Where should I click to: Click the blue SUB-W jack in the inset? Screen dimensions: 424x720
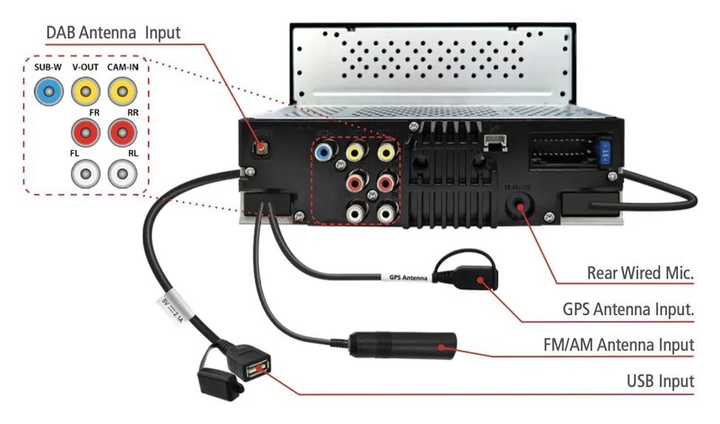coord(46,93)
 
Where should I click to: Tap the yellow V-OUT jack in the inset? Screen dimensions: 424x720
coord(85,93)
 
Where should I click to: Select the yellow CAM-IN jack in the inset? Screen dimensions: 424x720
coord(121,93)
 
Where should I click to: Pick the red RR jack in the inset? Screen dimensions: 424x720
coord(121,134)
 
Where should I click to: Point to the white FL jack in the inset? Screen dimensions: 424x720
coord(85,175)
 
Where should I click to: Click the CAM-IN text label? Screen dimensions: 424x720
coord(122,68)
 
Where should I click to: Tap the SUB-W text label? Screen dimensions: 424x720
coord(47,68)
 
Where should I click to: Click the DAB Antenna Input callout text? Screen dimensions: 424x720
coord(113,33)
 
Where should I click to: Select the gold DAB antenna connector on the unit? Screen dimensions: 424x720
coord(262,146)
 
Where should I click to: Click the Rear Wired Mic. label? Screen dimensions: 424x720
coord(640,274)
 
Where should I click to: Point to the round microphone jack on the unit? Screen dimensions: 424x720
coord(518,204)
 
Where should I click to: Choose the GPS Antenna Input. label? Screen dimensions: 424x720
coord(628,309)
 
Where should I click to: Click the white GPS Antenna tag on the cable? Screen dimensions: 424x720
coord(409,278)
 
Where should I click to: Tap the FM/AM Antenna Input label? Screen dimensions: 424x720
coord(618,345)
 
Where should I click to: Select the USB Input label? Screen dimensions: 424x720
coord(660,381)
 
